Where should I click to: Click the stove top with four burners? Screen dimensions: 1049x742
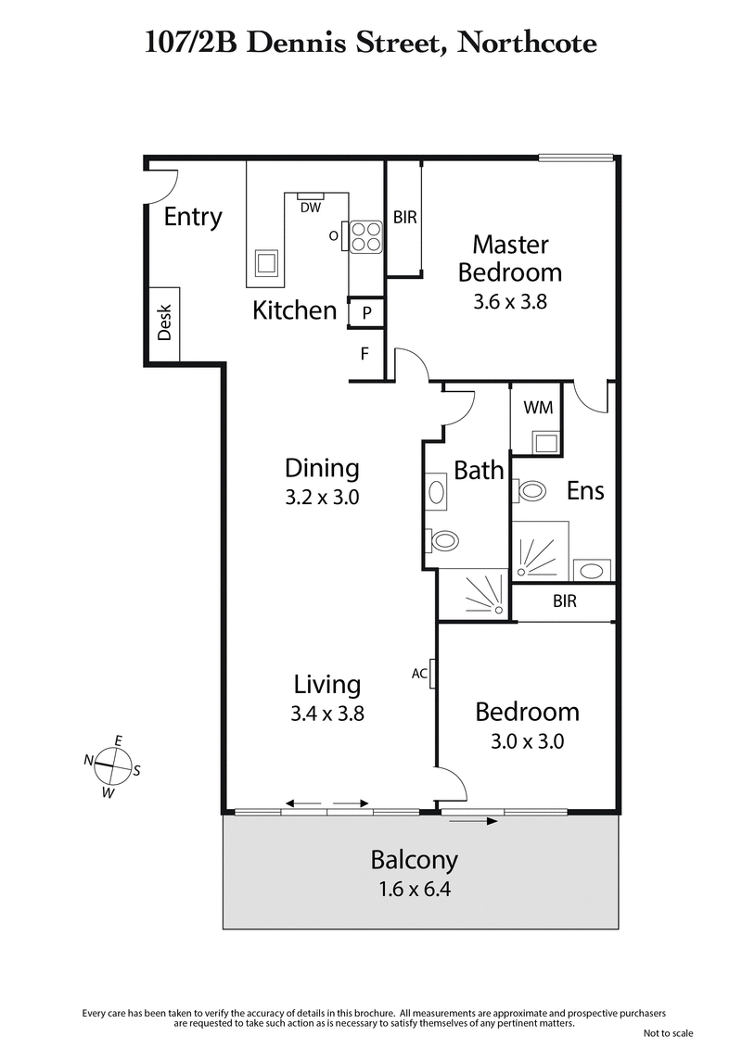coord(365,235)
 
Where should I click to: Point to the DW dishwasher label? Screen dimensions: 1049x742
coord(311,208)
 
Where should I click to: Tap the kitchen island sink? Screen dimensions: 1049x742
coord(267,263)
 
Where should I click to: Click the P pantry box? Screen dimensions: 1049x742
coord(366,313)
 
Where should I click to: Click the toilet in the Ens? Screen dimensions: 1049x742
coord(531,489)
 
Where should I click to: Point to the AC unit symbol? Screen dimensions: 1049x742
coord(432,674)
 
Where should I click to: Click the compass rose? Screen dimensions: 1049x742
coord(113,765)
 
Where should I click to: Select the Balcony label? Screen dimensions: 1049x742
coord(414,860)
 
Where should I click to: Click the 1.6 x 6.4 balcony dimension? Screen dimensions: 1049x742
coord(414,891)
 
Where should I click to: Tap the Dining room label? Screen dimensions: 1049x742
coord(322,467)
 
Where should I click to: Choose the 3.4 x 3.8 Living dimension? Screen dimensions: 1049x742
coord(326,714)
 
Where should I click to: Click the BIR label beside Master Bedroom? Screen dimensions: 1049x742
coord(404,219)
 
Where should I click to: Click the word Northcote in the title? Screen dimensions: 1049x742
coord(526,42)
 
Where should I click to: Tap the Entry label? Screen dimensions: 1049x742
coord(193,217)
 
